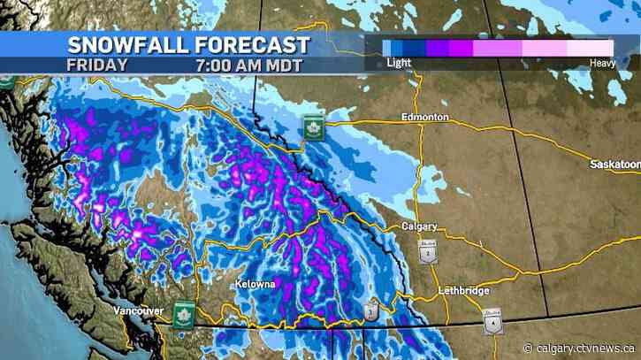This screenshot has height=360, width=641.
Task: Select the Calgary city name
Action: tap(420, 226)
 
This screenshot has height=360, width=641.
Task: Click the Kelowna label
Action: tap(256, 285)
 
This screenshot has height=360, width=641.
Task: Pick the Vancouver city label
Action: tap(138, 310)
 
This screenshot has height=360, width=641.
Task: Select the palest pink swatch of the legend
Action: tap(596, 47)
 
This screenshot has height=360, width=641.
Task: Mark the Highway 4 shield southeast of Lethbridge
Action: tap(492, 322)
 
